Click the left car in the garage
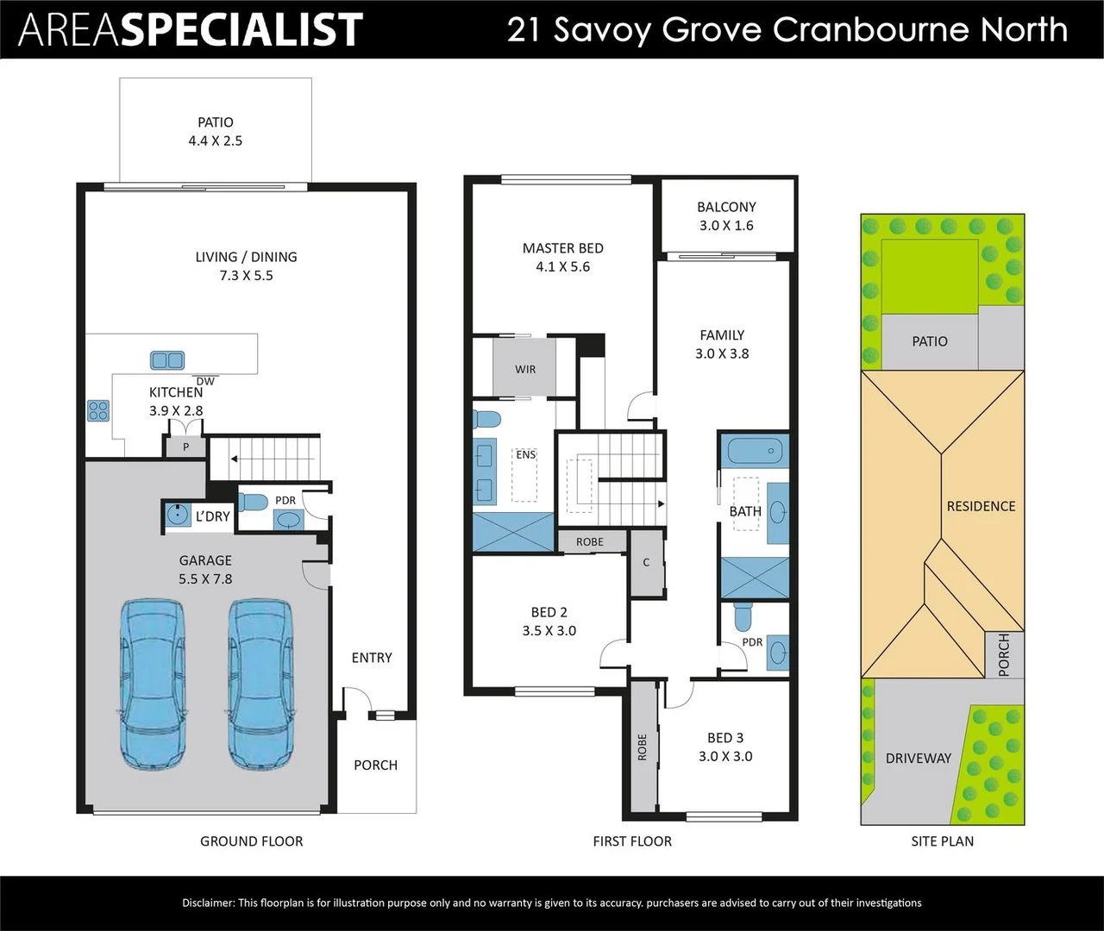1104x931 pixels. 152,684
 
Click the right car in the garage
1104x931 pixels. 260,684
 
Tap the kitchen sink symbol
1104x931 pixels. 167,360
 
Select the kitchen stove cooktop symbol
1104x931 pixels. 98,410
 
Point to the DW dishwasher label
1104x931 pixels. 205,381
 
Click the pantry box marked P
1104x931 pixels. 185,447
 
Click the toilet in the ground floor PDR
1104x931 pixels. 252,502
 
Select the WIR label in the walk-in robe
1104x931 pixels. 525,369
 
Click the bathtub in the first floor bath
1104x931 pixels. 755,450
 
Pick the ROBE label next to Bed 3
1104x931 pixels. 643,747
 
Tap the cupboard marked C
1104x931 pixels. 646,562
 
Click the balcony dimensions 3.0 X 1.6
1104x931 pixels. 726,226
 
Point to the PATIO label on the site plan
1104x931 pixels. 930,341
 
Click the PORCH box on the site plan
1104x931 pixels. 1004,654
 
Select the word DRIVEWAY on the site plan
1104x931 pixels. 918,759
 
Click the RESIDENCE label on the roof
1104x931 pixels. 981,506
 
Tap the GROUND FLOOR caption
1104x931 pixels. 251,841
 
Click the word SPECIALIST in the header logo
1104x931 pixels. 241,29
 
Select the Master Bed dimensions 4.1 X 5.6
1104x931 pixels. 562,267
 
